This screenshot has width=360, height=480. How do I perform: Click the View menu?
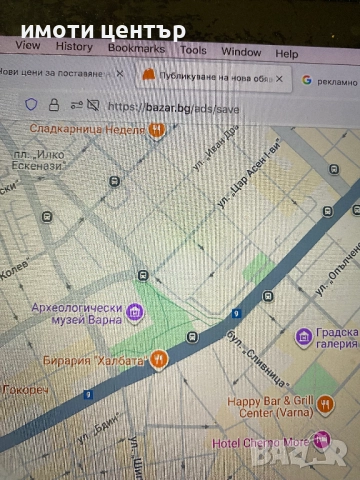tap(28, 45)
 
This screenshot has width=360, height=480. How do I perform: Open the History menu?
tap(74, 46)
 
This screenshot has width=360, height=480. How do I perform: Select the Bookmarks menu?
tap(136, 47)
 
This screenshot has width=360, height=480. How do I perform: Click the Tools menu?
tap(193, 49)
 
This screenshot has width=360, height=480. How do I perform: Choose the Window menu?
tap(241, 51)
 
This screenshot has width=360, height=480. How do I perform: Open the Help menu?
tap(287, 53)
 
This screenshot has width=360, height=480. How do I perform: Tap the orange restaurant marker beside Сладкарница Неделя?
tap(156, 129)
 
